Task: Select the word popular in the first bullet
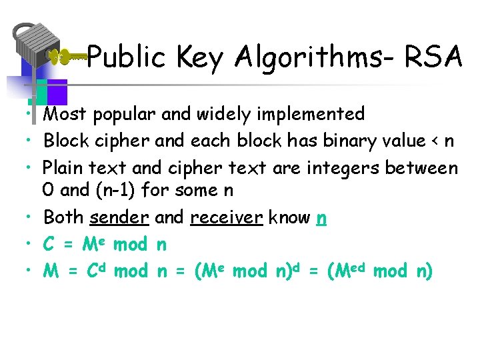(x=125, y=115)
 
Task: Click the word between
(x=423, y=167)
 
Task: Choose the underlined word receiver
(x=225, y=217)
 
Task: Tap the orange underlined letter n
(x=321, y=218)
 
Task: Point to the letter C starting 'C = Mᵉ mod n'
(x=48, y=245)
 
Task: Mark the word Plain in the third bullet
(x=65, y=168)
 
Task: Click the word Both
(x=63, y=217)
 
